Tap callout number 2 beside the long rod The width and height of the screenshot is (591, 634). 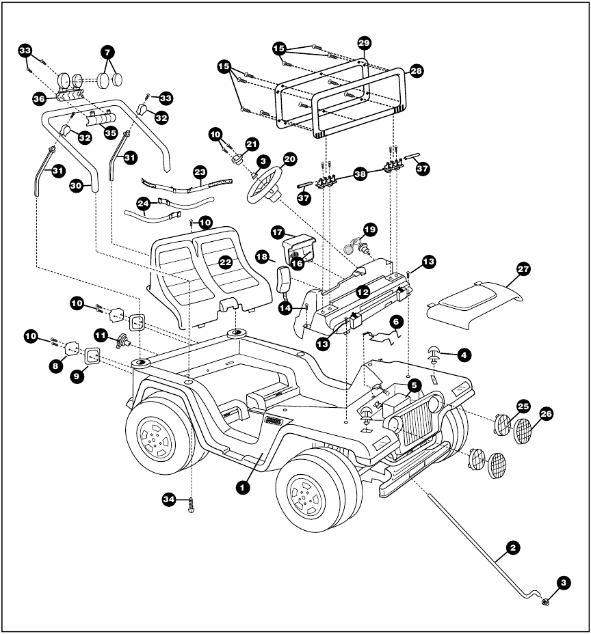click(512, 547)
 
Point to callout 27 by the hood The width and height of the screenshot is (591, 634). click(523, 270)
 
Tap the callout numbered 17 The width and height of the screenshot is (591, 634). click(278, 232)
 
